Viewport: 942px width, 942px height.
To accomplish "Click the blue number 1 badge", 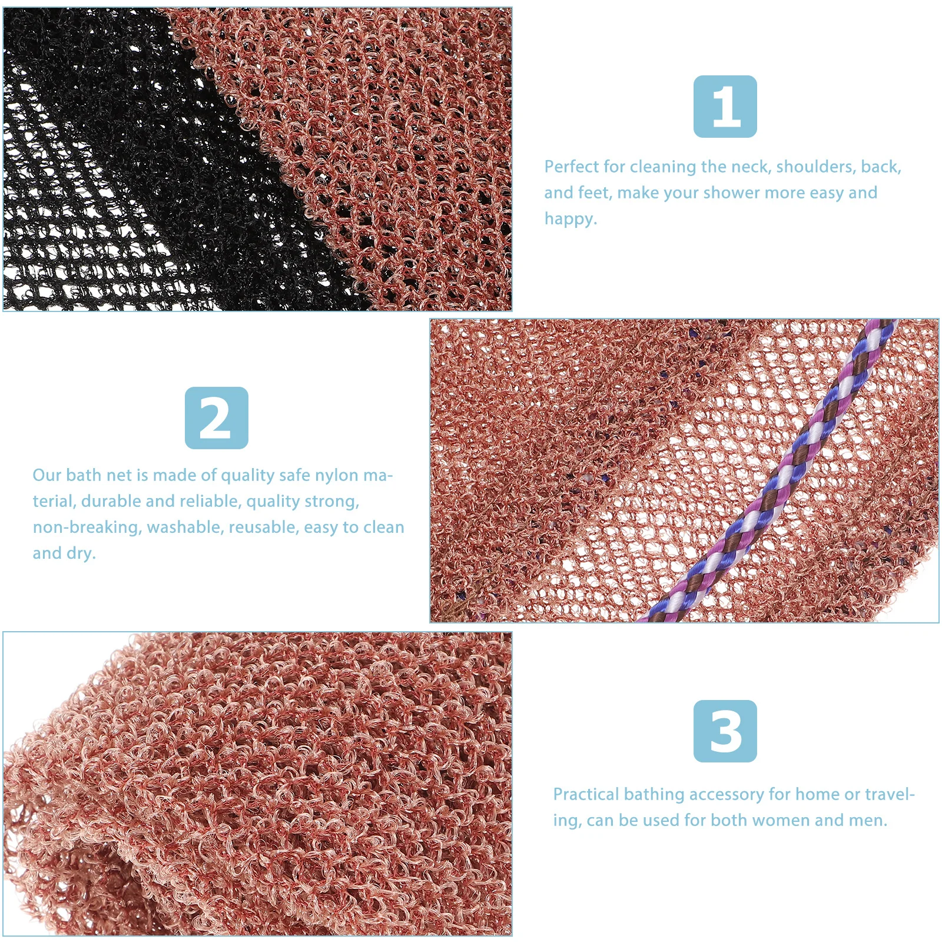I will [x=725, y=107].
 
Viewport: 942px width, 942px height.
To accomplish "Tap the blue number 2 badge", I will [x=216, y=418].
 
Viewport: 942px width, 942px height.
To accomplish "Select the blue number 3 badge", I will [x=725, y=731].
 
